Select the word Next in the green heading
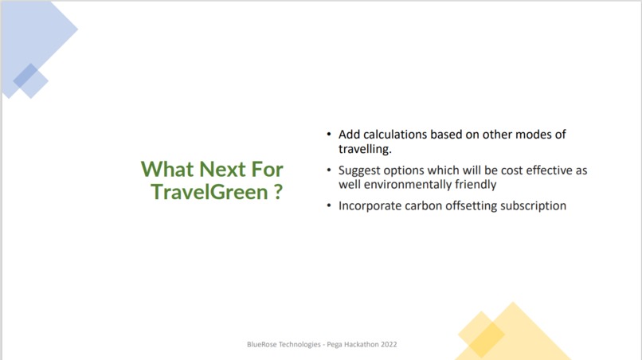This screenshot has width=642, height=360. pyautogui.click(x=221, y=169)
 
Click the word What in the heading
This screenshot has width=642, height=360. pyautogui.click(x=168, y=169)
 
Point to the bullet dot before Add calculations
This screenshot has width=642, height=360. pyautogui.click(x=330, y=135)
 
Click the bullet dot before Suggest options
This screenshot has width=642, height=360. pyautogui.click(x=330, y=170)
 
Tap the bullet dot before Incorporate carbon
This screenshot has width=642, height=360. pyautogui.click(x=330, y=206)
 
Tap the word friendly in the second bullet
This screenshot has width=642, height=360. pyautogui.click(x=474, y=184)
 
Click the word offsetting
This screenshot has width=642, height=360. pyautogui.click(x=473, y=205)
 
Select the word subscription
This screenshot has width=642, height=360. pyautogui.click(x=534, y=205)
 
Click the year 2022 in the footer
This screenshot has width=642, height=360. pyautogui.click(x=387, y=345)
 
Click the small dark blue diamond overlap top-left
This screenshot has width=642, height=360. pyautogui.click(x=25, y=75)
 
